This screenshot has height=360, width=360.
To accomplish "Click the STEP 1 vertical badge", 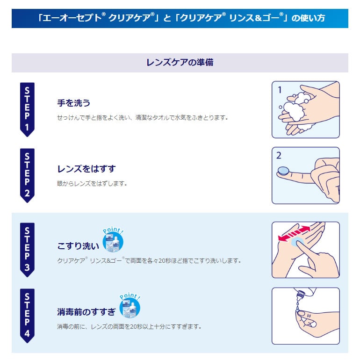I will (27, 109).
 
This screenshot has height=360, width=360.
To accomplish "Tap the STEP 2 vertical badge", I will (27, 175).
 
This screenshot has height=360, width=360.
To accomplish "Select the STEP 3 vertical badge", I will (27, 249).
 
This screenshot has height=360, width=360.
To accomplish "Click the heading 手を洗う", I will (73, 103).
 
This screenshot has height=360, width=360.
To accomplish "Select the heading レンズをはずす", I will (86, 169).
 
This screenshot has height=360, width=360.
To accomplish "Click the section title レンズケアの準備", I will (180, 62).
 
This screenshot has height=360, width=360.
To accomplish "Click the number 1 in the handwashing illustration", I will (280, 90).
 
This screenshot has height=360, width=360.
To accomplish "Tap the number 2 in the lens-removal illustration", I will (280, 156).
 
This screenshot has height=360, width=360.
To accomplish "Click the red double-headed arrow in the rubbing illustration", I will (294, 233).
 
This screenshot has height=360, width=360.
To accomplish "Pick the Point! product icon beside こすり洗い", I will (112, 241).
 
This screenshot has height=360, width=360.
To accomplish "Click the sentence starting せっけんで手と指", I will (143, 117).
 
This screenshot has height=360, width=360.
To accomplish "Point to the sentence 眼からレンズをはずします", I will (92, 183).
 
